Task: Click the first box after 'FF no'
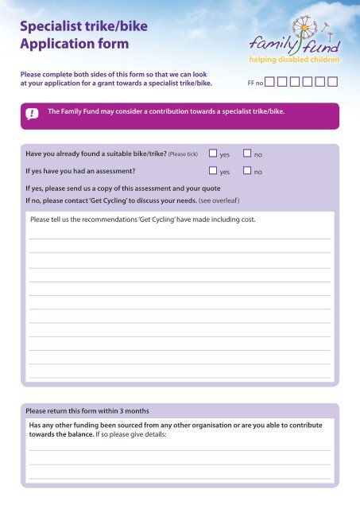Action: tap(270, 81)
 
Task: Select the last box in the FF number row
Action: tap(333, 81)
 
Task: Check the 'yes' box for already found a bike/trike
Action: tap(213, 153)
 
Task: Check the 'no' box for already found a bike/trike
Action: tap(247, 153)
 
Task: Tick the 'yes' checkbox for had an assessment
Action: tap(213, 170)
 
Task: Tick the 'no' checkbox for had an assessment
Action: tap(247, 170)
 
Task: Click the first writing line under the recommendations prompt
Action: tap(180, 237)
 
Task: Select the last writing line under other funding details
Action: tap(180, 479)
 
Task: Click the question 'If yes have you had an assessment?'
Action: tap(85, 171)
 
